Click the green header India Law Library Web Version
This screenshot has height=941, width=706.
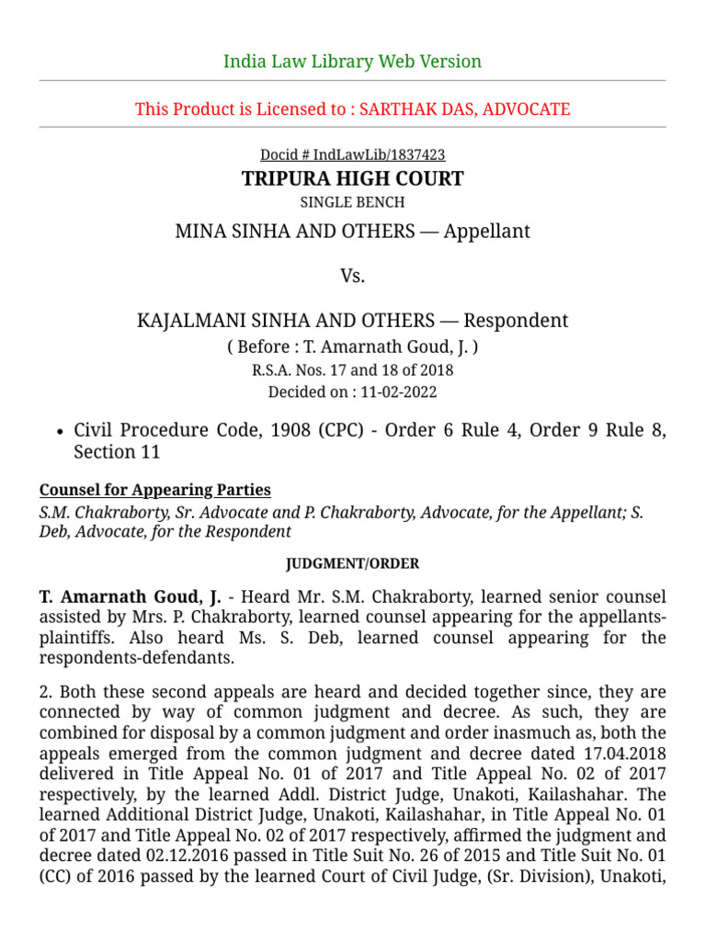point(352,62)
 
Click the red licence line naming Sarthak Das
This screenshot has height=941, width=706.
point(352,109)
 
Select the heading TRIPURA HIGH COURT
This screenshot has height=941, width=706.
point(352,178)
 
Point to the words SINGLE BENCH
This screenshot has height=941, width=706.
point(352,202)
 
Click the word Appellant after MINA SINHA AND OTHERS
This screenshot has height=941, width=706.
point(486,231)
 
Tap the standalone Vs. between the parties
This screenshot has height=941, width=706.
point(352,276)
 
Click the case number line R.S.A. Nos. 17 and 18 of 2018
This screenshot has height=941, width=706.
point(352,370)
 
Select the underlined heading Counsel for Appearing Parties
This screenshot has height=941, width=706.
point(154,490)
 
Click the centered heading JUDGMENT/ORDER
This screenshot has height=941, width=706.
point(352,563)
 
